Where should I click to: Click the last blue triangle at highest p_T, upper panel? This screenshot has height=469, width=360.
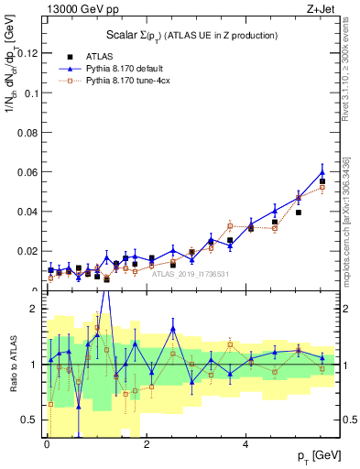[322, 171]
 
